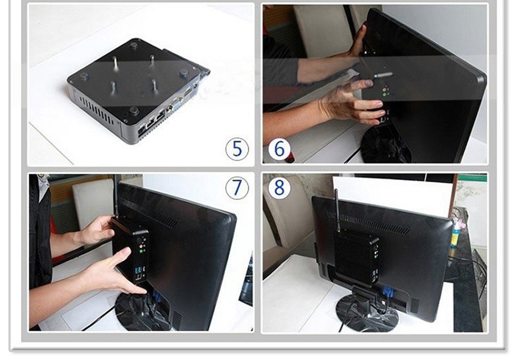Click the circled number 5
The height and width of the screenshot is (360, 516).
[237, 149]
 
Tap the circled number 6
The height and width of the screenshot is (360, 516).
[279, 149]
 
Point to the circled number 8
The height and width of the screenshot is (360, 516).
[279, 187]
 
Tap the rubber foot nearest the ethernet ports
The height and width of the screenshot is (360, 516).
[133, 111]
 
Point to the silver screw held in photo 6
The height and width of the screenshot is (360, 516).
[383, 75]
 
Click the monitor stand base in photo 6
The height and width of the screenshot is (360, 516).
[386, 145]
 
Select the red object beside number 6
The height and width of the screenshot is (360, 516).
[290, 157]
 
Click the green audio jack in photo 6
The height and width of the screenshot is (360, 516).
[385, 95]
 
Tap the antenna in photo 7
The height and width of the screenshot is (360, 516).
[116, 196]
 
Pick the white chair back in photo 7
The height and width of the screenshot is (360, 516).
[93, 204]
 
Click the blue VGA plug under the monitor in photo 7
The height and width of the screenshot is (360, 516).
[156, 296]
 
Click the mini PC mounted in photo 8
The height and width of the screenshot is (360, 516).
[356, 257]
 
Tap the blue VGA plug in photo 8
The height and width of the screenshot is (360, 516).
[388, 294]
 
